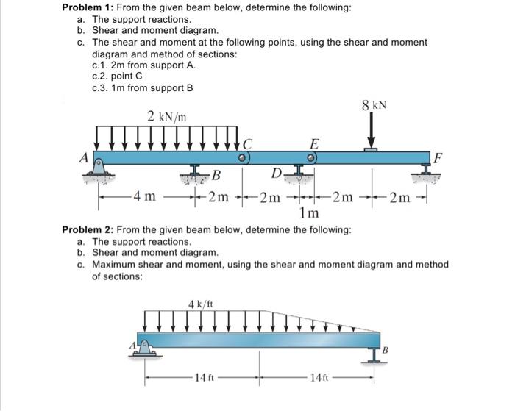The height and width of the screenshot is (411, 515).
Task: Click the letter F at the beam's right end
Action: tap(438, 156)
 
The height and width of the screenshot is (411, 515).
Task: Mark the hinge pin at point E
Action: tap(312, 157)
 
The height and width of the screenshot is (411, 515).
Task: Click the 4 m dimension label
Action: tap(145, 196)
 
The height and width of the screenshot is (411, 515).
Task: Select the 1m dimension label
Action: tap(309, 213)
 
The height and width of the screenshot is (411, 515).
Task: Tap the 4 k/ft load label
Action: tap(201, 304)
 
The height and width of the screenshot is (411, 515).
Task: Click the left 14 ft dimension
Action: tap(200, 379)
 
